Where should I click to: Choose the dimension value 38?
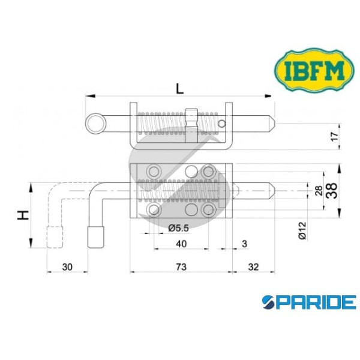[331, 191]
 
